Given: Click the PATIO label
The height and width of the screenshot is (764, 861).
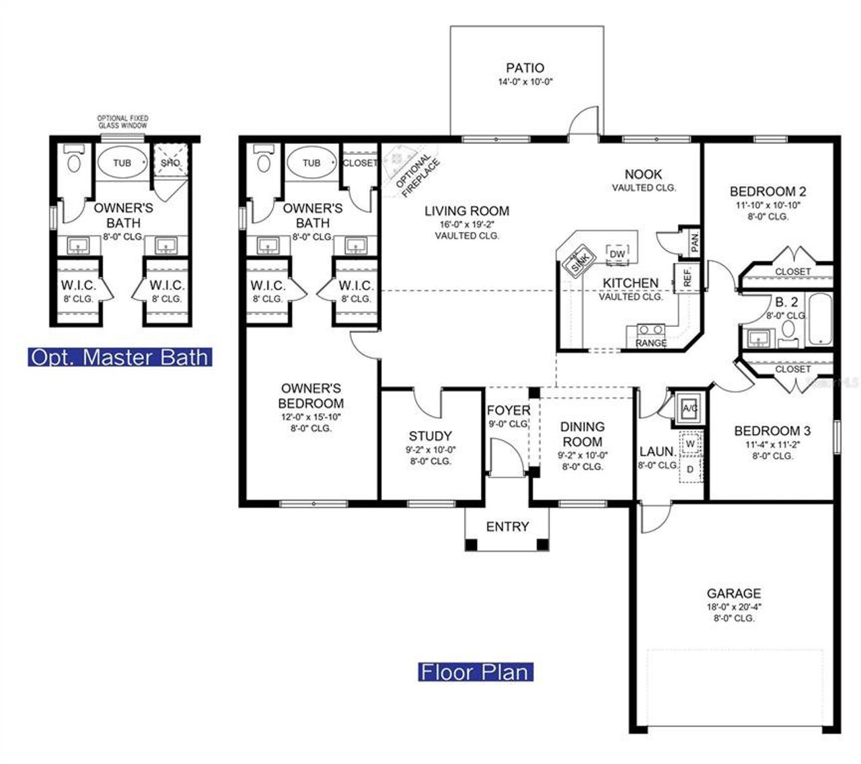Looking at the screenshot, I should (x=525, y=68).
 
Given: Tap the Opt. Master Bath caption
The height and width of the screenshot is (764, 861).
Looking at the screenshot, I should (x=120, y=356).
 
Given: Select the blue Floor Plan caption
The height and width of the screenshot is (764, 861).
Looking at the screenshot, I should (x=475, y=671).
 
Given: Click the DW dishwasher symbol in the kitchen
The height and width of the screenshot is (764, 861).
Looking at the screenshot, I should (x=617, y=254).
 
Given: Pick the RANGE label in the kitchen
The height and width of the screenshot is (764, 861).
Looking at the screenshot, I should (x=650, y=343).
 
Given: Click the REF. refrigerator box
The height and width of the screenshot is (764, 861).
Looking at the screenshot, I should (x=687, y=276).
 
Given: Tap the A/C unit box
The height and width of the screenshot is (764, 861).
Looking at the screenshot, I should (x=689, y=408).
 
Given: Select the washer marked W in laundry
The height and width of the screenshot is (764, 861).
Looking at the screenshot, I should (x=690, y=444).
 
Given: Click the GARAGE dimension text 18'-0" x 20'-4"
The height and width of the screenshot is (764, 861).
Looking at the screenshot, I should (x=733, y=606).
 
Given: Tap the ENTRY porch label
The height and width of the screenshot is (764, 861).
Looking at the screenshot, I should (x=507, y=527).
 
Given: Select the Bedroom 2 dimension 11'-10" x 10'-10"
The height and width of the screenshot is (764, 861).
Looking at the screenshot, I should (x=768, y=205).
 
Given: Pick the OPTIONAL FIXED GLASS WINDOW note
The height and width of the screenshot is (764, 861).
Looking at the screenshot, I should (x=122, y=122).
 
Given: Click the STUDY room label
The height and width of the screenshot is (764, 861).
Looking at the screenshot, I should (x=430, y=436).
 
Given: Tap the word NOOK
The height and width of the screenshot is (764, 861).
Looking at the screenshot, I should (x=643, y=174).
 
